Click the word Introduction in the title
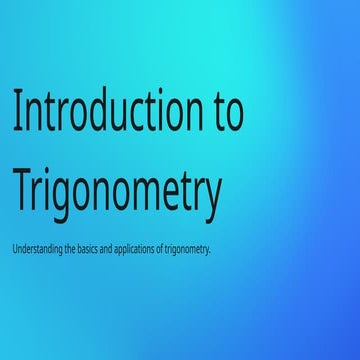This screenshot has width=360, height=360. (106, 112)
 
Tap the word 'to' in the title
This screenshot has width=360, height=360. (229, 112)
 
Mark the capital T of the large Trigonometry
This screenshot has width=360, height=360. (23, 190)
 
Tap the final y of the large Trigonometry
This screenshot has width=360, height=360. (211, 196)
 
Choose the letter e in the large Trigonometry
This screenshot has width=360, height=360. (172, 193)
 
